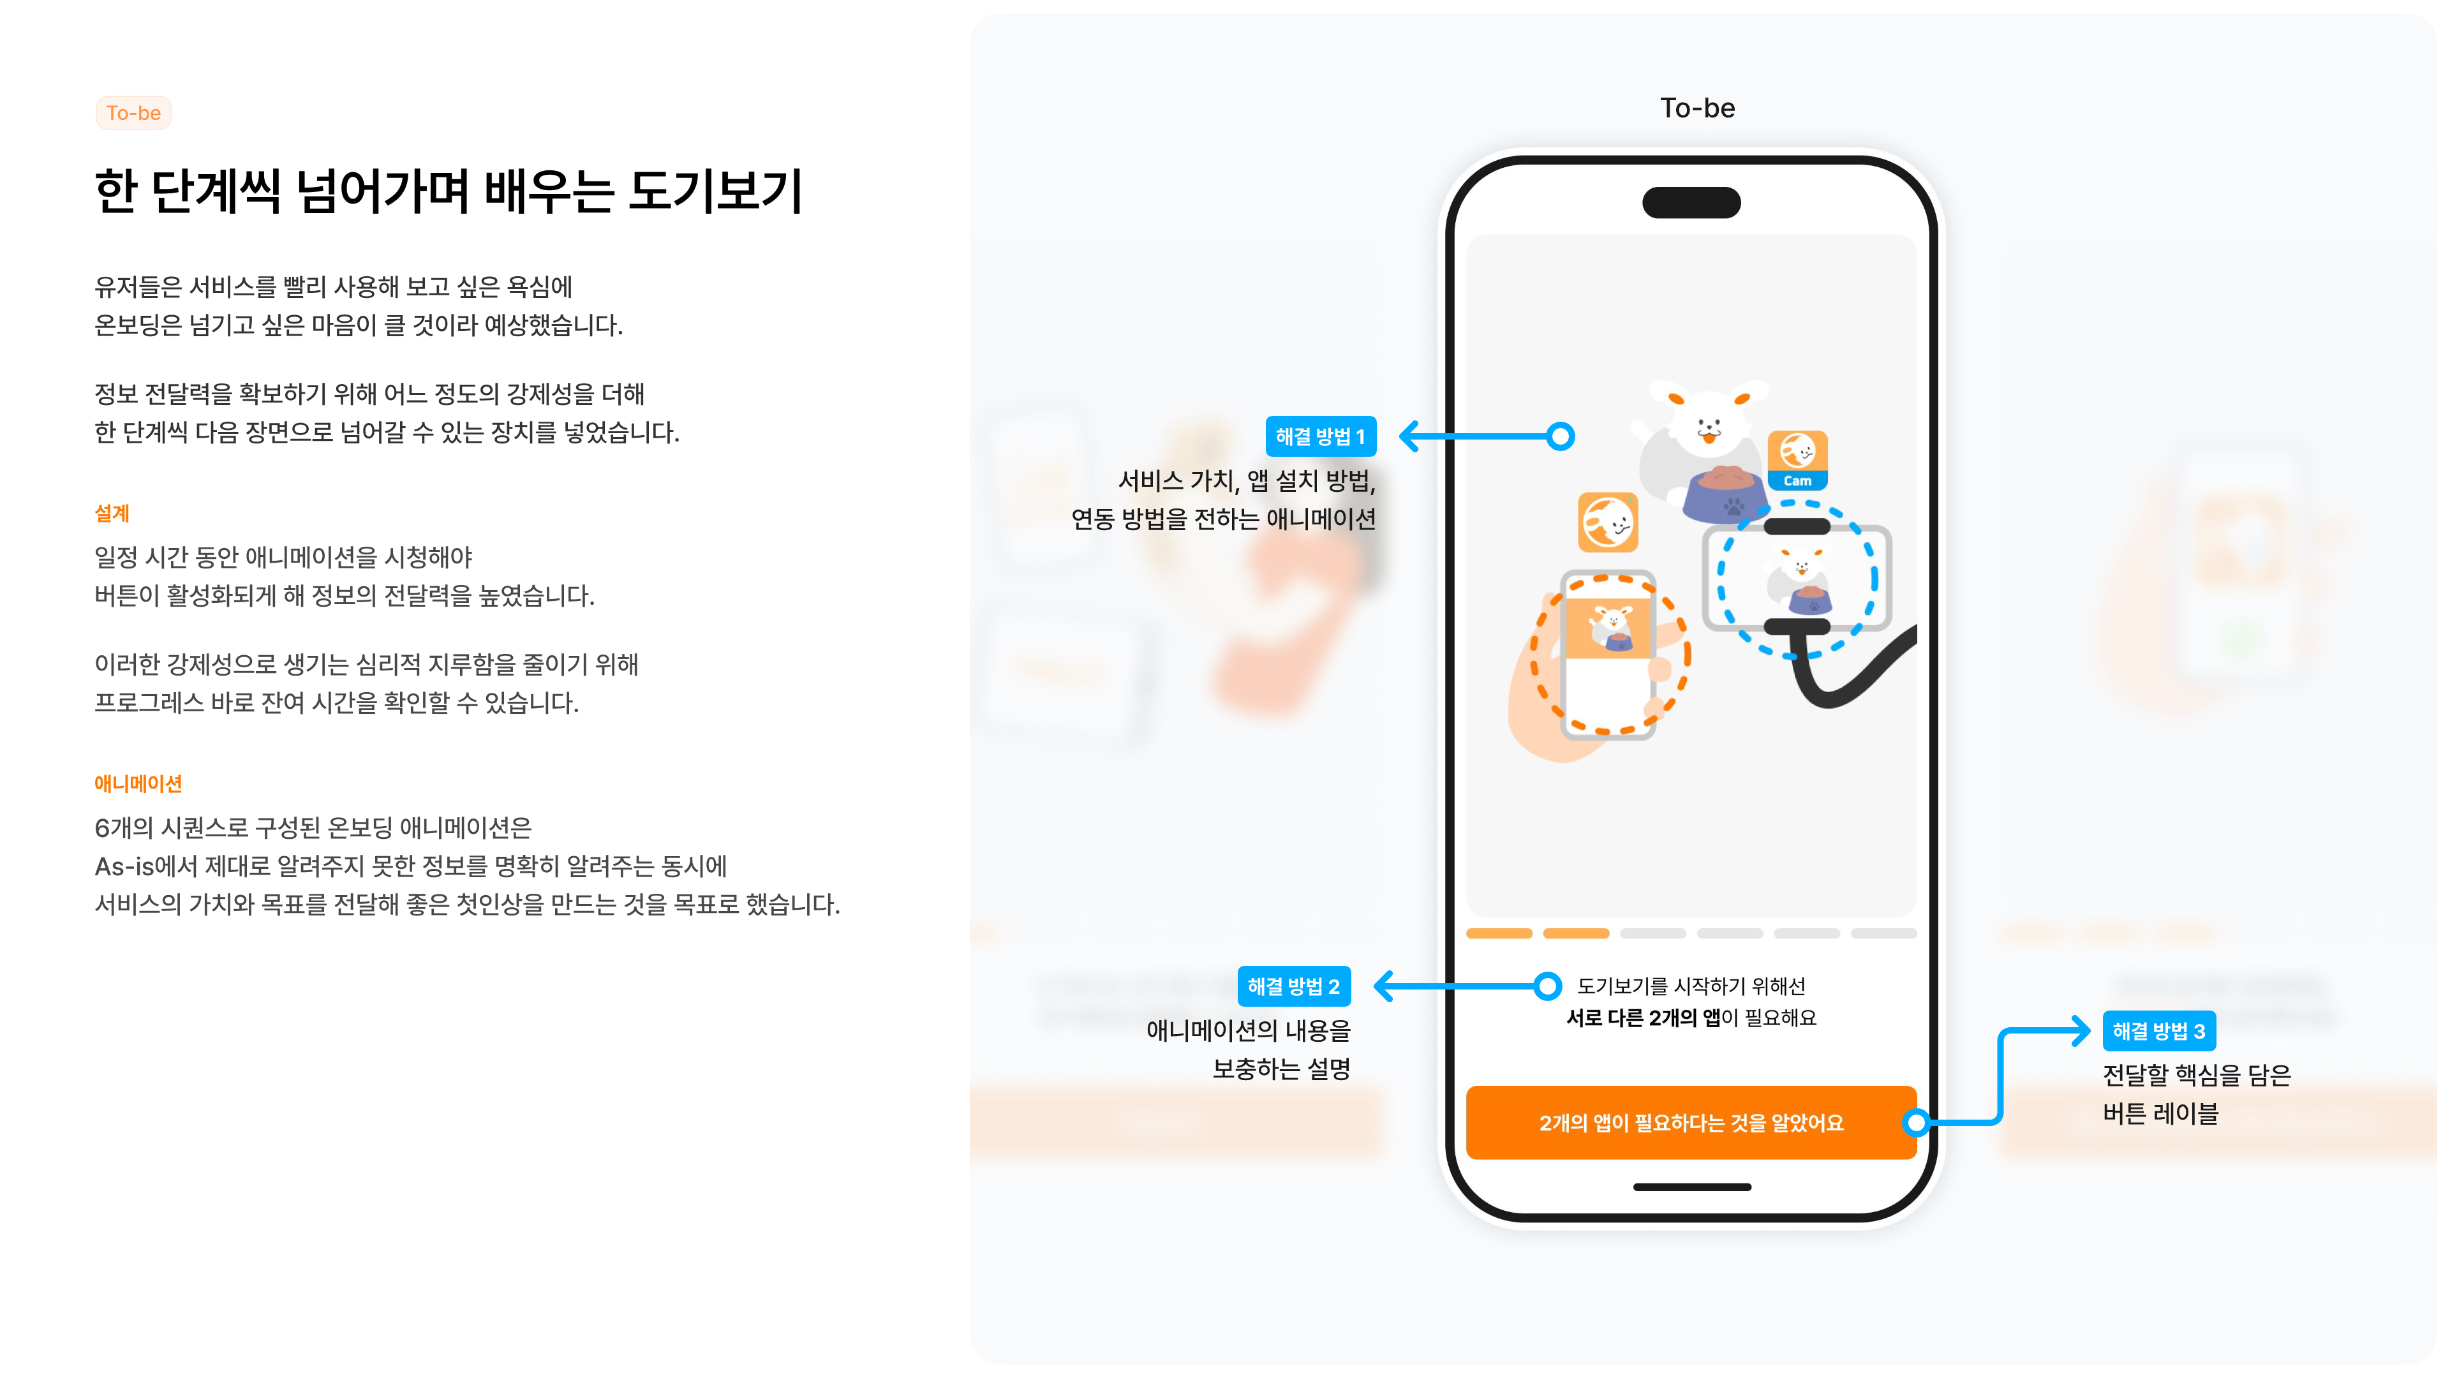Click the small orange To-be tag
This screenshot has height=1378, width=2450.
point(133,113)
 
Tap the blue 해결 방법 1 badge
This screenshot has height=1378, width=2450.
point(1320,436)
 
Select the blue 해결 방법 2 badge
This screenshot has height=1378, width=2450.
point(1293,986)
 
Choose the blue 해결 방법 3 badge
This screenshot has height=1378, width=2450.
point(2159,1031)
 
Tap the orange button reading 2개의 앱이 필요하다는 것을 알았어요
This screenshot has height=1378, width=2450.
point(1691,1122)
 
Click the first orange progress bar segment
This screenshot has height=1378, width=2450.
point(1499,934)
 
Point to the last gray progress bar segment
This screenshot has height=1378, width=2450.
point(1883,934)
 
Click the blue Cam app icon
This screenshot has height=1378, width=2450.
point(1797,460)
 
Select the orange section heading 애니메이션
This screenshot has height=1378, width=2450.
point(138,783)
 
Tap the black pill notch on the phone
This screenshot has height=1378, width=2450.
point(1691,203)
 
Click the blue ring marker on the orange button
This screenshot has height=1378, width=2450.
point(1917,1123)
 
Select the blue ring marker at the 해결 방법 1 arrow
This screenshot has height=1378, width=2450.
point(1560,436)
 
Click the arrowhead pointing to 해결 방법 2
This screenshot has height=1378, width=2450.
point(1386,986)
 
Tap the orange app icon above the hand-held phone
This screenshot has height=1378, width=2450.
point(1607,522)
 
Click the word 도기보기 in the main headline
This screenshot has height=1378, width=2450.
point(716,191)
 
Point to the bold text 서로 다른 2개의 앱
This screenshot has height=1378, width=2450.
point(1644,1018)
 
